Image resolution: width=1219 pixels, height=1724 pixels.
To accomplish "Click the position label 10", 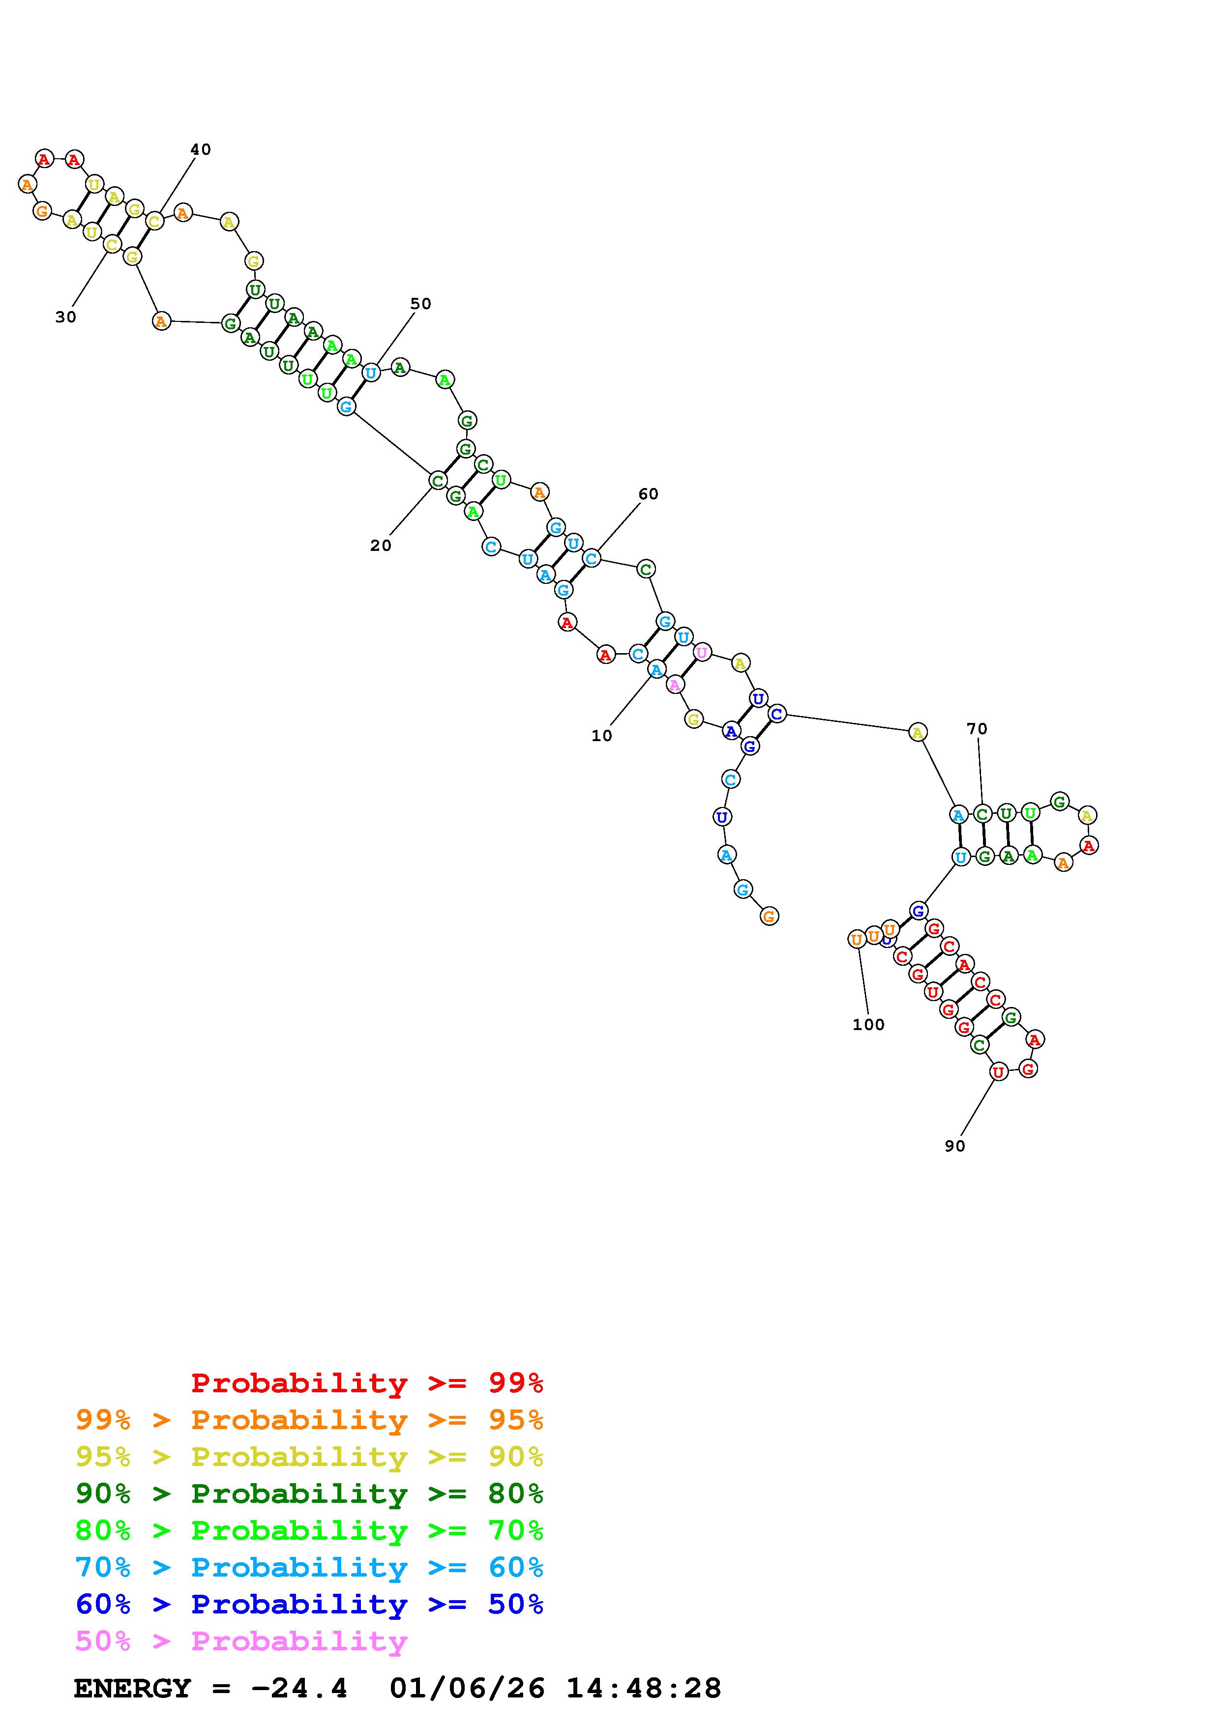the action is coord(601,736).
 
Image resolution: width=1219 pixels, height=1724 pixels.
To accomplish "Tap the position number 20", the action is coord(381,546).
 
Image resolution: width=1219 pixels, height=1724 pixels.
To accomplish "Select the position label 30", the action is coord(66,317).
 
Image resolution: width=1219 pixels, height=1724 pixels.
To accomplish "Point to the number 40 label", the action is coord(201,149).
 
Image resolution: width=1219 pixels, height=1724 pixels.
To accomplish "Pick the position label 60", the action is coord(648,494).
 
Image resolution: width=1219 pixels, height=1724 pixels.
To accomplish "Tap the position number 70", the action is coord(977,728).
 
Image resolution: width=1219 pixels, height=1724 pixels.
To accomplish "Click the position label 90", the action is coord(954,1146).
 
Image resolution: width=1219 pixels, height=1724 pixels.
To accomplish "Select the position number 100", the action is coord(868,1024).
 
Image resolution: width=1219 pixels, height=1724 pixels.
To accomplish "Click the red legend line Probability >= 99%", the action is coord(367,1383).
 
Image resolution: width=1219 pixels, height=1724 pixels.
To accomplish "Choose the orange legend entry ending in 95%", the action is coord(309,1420).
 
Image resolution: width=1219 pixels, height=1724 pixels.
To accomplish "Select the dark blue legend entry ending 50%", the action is coord(309,1604).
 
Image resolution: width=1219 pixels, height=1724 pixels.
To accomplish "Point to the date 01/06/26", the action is coord(467,1688).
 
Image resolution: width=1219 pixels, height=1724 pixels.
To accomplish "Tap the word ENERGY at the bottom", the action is coord(132,1688).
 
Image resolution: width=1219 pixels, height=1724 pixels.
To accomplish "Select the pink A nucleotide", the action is coord(675,684).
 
